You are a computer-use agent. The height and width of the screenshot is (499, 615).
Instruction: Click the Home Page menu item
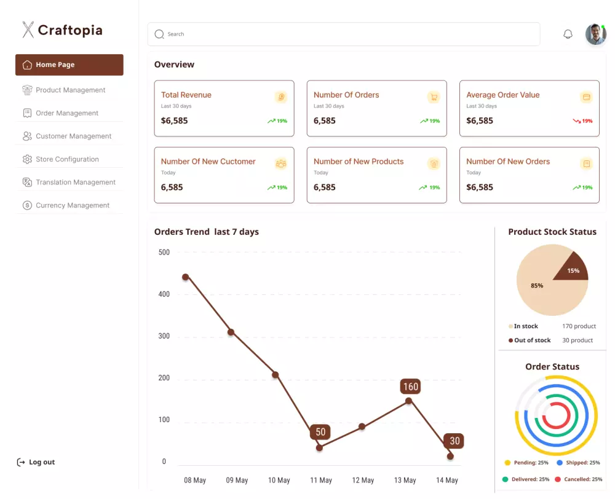click(69, 65)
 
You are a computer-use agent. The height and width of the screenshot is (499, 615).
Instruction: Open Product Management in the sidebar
click(70, 90)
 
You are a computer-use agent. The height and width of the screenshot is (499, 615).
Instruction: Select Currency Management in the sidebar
click(72, 206)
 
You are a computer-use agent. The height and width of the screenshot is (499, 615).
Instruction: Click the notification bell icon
click(568, 34)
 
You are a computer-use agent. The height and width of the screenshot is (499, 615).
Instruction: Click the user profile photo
click(595, 34)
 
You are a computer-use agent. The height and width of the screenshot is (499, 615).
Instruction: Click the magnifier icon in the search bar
click(159, 34)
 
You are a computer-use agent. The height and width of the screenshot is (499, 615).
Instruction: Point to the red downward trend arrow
click(577, 121)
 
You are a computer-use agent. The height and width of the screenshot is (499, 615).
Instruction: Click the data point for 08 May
click(185, 277)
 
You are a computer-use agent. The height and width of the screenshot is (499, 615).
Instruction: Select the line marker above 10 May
click(275, 375)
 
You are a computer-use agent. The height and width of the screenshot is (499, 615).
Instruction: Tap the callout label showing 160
click(410, 387)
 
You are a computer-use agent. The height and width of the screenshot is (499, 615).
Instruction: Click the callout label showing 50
click(320, 432)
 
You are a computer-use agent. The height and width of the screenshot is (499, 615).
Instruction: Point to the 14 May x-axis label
click(446, 481)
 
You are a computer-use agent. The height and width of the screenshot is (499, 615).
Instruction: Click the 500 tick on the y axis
click(164, 253)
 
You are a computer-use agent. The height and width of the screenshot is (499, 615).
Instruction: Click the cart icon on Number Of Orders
click(434, 97)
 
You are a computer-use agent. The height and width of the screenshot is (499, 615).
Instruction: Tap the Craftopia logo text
click(69, 30)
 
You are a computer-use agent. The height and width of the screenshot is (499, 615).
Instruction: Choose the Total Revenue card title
click(186, 95)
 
